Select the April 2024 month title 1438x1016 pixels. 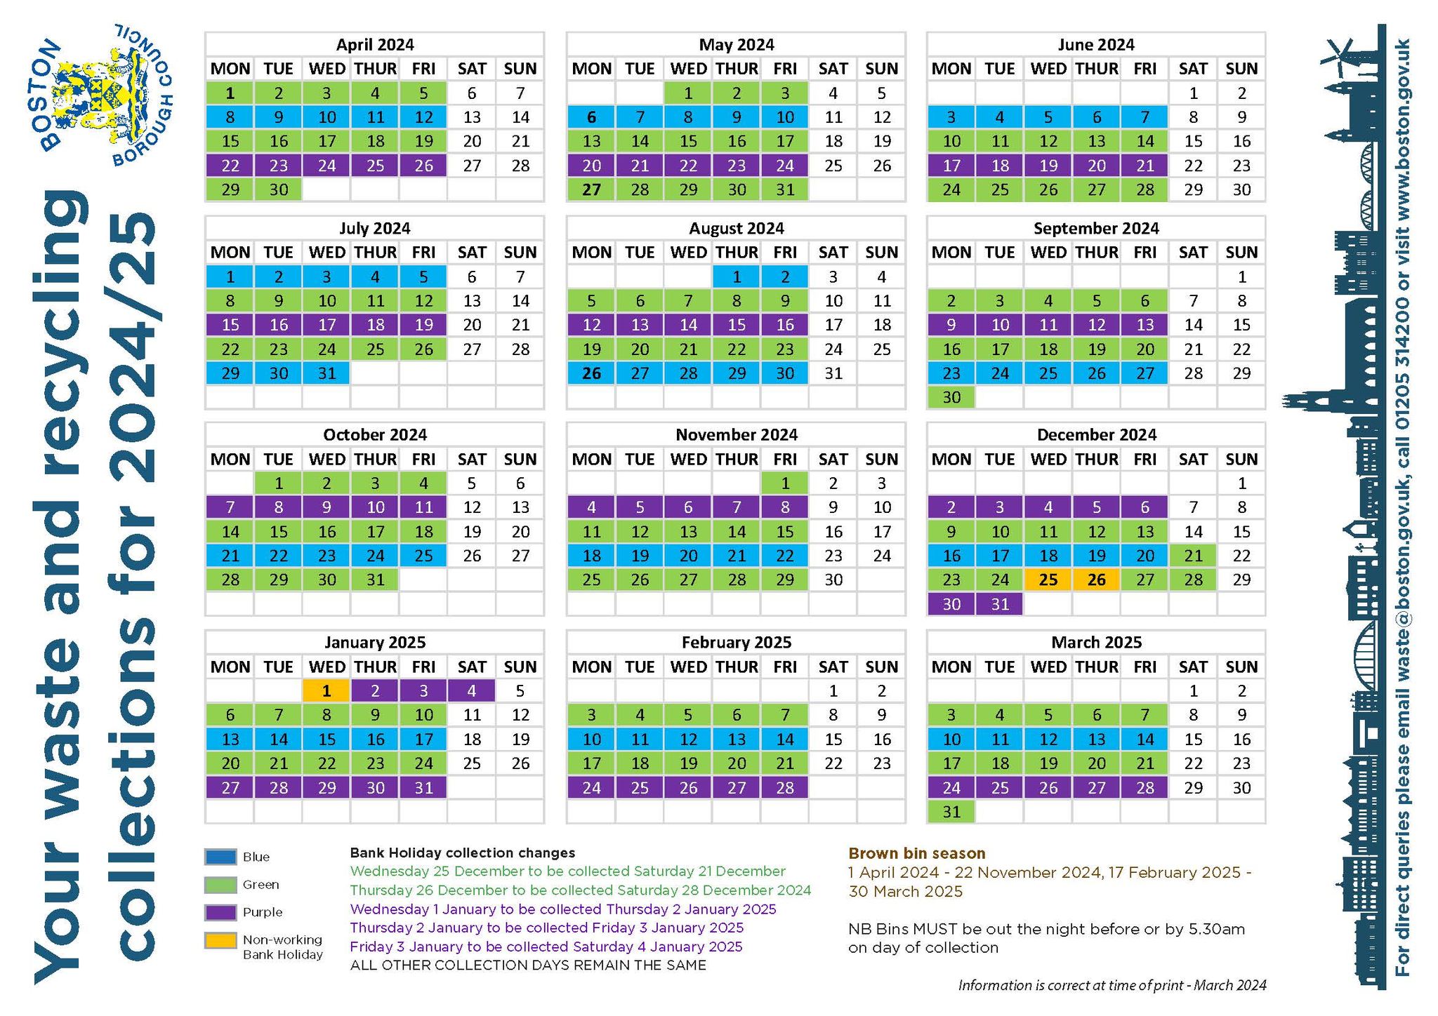coord(375,45)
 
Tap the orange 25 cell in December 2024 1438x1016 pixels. coord(1048,580)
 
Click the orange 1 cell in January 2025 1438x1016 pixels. coord(326,691)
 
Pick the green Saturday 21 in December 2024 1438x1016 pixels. coord(1193,556)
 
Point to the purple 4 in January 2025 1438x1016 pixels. coord(471,691)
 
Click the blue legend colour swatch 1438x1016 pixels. coord(220,857)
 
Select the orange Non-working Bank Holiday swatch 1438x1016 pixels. coord(220,940)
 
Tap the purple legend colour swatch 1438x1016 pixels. coord(220,912)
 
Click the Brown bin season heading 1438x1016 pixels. coord(917,853)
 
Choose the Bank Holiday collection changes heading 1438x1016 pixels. coord(462,853)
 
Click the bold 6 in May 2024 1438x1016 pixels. coord(592,117)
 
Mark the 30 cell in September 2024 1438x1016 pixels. coord(951,397)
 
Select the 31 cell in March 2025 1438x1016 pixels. coord(951,812)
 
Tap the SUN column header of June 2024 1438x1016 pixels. coord(1241,69)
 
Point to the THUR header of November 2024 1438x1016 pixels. coord(737,460)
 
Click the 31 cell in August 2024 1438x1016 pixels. coord(833,373)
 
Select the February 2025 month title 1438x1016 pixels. coord(737,643)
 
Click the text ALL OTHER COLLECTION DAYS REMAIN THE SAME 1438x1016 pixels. coord(528,965)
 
